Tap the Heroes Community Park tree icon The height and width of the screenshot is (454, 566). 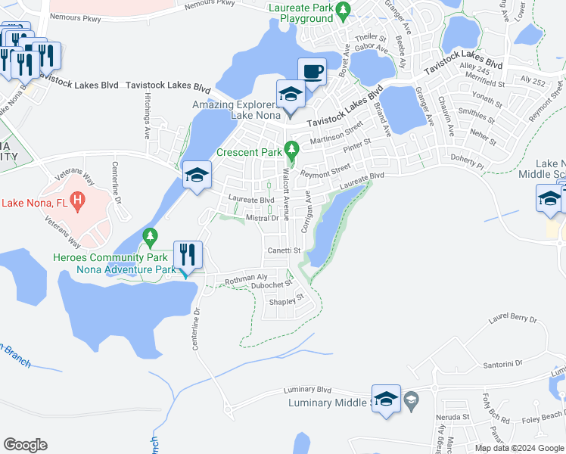[x=150, y=238]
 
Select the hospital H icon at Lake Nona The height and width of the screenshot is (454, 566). [x=77, y=201]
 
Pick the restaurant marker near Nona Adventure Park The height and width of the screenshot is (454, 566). [x=187, y=256]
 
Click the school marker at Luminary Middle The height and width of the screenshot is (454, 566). [x=386, y=399]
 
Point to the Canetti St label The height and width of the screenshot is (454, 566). [x=284, y=250]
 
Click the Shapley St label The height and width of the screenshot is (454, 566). [x=287, y=300]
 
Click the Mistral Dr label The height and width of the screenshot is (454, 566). [x=263, y=218]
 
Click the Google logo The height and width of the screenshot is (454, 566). [x=25, y=444]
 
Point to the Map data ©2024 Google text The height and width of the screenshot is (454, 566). [x=519, y=448]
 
